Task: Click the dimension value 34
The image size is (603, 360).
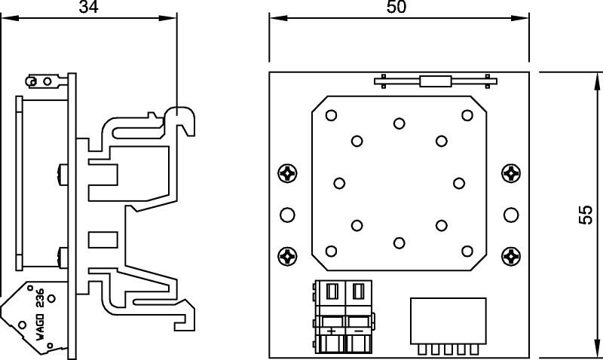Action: coord(88,7)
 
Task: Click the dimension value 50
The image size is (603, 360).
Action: coord(396,7)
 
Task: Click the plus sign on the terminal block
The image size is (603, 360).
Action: coord(332,330)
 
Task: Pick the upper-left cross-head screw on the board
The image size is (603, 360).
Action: coord(287,173)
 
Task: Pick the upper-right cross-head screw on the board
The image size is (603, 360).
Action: coord(512,173)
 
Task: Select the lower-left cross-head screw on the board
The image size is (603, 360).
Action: coord(287,256)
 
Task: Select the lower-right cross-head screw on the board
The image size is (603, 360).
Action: coord(512,256)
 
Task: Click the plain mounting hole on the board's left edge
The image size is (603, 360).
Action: coord(287,215)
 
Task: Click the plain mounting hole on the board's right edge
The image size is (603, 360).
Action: coord(512,215)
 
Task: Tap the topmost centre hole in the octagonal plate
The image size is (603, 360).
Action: coord(399,123)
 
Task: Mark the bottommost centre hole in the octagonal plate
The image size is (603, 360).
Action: coord(399,242)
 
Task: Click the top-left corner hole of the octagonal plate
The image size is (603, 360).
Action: coord(330,115)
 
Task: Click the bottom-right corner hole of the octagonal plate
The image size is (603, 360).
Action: coord(467,251)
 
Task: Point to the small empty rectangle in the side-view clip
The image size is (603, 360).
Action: coord(99,239)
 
